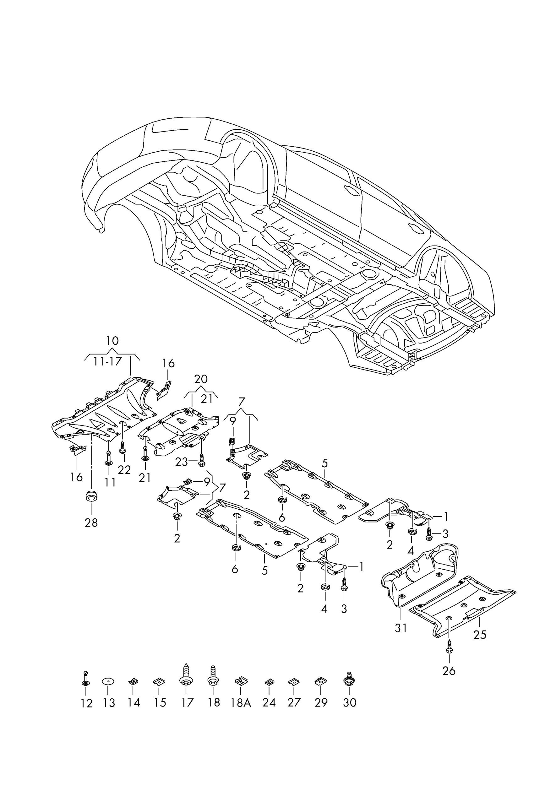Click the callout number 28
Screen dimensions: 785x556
tap(91, 523)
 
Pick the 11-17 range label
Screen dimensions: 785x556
tap(108, 361)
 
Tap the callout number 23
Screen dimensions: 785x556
tap(182, 463)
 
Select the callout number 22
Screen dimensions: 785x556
tap(124, 470)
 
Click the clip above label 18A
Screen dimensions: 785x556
tap(241, 681)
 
